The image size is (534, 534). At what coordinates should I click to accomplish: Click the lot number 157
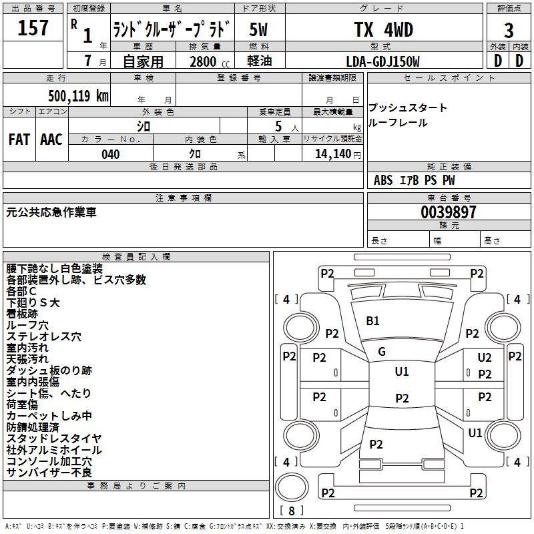click(x=33, y=27)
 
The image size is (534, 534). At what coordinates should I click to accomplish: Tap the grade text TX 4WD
click(x=383, y=29)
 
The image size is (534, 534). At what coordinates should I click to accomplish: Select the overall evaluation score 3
click(x=509, y=31)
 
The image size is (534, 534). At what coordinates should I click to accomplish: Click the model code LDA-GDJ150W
click(x=382, y=61)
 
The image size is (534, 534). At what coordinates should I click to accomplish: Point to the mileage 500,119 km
click(x=78, y=95)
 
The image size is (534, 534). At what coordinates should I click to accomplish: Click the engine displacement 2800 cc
click(x=210, y=61)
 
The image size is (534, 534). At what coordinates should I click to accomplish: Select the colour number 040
click(x=111, y=154)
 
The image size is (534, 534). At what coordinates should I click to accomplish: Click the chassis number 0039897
click(x=448, y=212)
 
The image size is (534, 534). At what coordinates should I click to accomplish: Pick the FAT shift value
click(x=19, y=140)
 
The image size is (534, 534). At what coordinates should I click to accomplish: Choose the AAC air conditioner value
click(x=51, y=140)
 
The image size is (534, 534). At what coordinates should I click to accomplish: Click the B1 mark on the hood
click(x=372, y=321)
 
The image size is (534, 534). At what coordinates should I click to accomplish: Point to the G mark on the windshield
click(x=382, y=352)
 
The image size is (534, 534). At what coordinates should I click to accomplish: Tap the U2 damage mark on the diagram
click(x=485, y=358)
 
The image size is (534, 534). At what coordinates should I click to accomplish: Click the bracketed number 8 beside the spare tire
click(x=292, y=511)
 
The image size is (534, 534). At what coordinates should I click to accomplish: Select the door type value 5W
click(x=258, y=29)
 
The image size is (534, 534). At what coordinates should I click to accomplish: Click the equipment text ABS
click(x=383, y=180)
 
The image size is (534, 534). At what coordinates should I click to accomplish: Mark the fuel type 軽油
click(x=260, y=61)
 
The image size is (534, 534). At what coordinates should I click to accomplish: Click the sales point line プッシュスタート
click(x=408, y=107)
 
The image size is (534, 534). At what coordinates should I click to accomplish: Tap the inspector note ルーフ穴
click(x=27, y=325)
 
